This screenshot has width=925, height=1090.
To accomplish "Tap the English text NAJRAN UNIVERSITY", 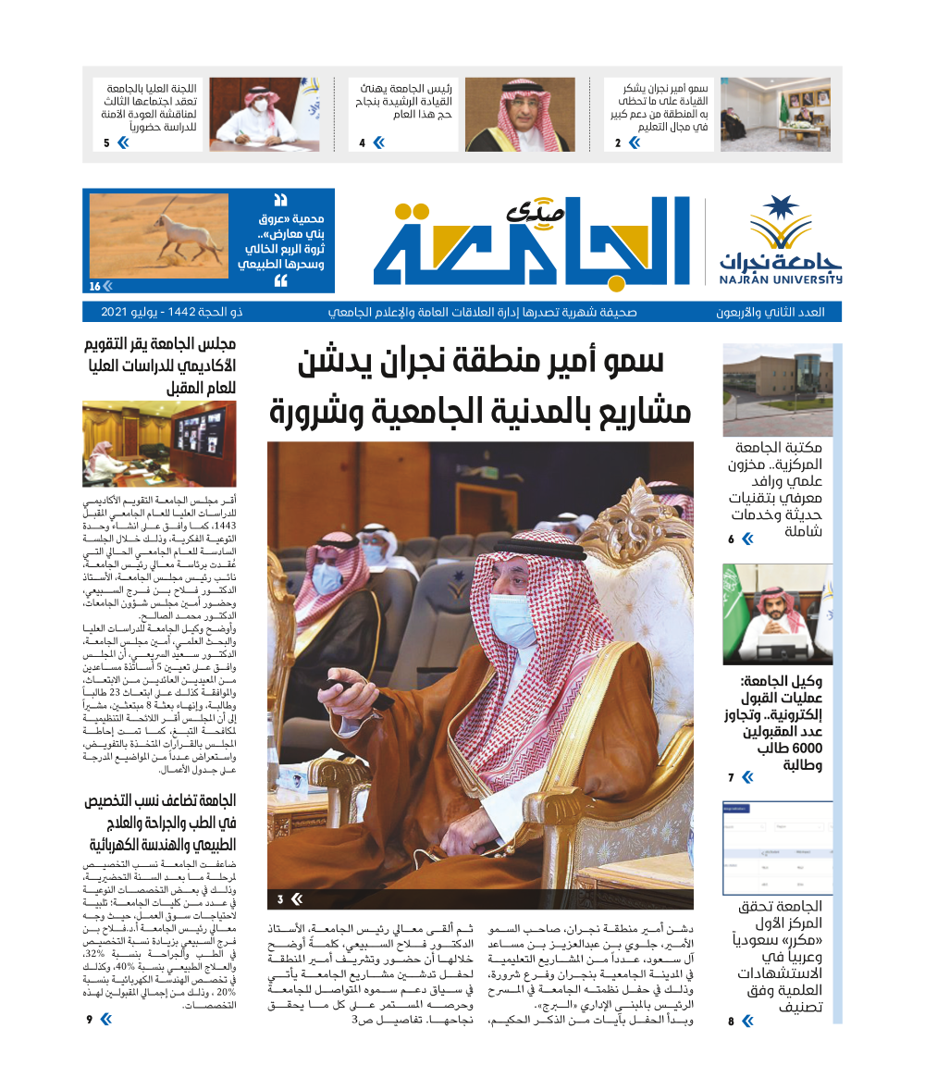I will click(x=781, y=279).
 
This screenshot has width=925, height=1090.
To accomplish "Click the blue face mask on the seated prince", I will click(x=512, y=620).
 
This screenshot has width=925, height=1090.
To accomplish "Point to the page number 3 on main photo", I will click(x=280, y=898).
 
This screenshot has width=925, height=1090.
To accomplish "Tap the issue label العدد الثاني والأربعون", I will click(x=771, y=312).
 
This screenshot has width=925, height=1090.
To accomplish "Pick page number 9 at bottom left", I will click(x=90, y=1020).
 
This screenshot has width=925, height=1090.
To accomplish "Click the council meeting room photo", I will click(x=159, y=443).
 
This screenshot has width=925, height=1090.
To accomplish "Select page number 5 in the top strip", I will click(x=106, y=142).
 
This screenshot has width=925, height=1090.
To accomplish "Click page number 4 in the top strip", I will click(x=362, y=142).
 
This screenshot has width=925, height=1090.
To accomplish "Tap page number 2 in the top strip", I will click(x=618, y=142).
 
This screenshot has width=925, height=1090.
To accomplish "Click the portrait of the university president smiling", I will click(x=519, y=114).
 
